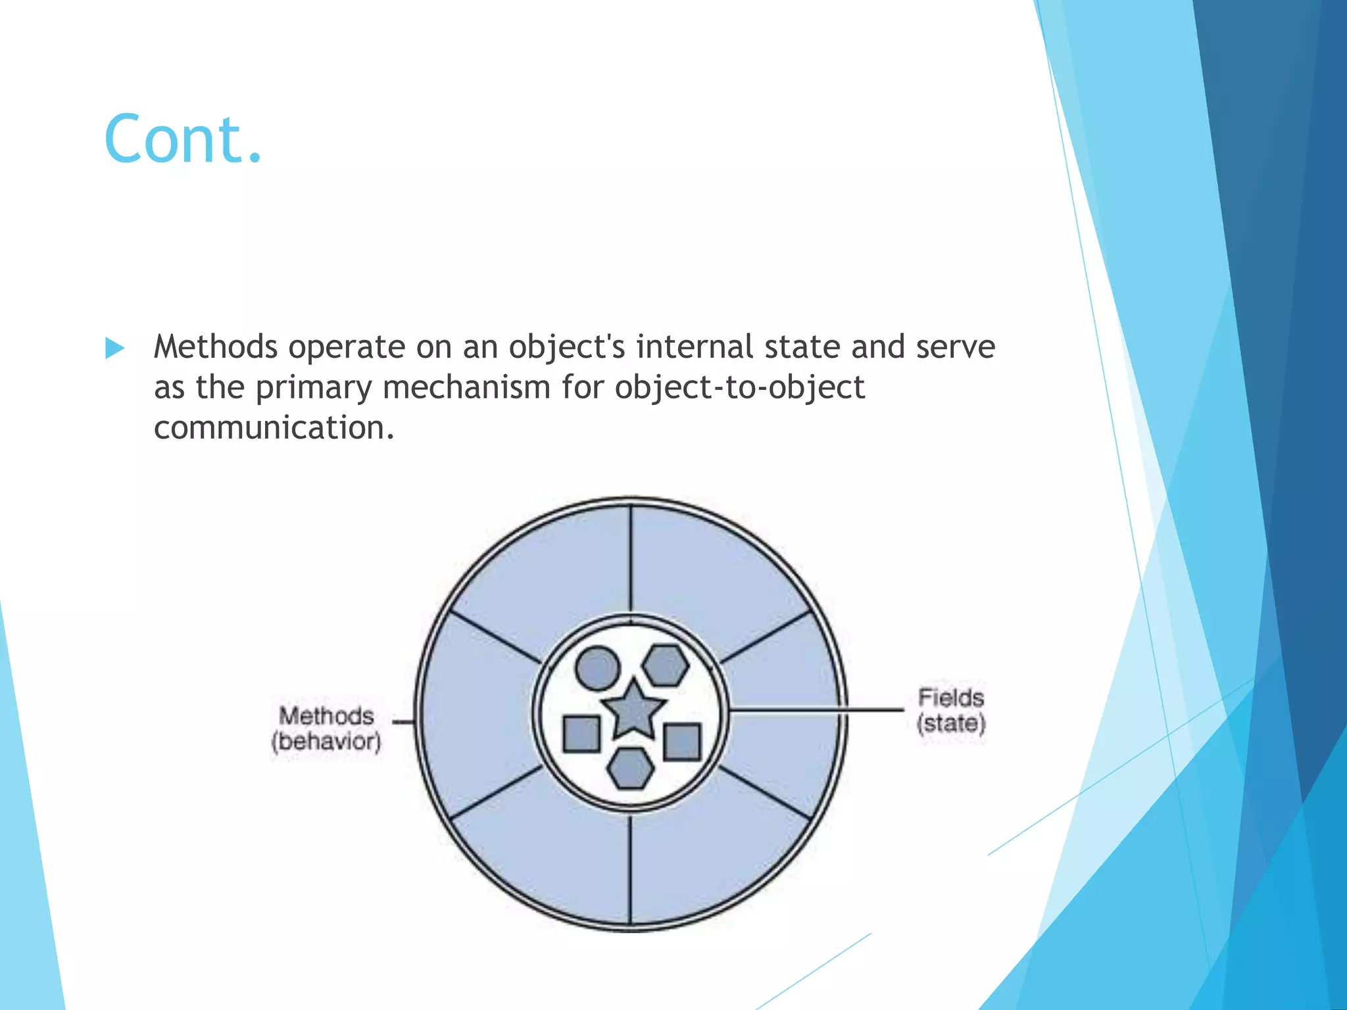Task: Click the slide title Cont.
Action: [x=183, y=139]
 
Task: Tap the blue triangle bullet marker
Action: [x=114, y=348]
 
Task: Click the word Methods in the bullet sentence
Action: [x=215, y=347]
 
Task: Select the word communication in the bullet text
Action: [x=273, y=428]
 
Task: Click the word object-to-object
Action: [x=739, y=387]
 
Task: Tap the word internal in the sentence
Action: [x=694, y=347]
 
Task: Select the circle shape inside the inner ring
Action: [x=597, y=669]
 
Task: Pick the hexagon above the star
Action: [x=666, y=666]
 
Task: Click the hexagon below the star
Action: [x=630, y=768]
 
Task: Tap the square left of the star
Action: [x=582, y=734]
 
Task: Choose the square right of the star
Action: [x=682, y=742]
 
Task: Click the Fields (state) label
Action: [x=951, y=711]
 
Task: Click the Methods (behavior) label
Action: [x=326, y=729]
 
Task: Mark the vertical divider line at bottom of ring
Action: [x=630, y=868]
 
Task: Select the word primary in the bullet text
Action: [x=314, y=387]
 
